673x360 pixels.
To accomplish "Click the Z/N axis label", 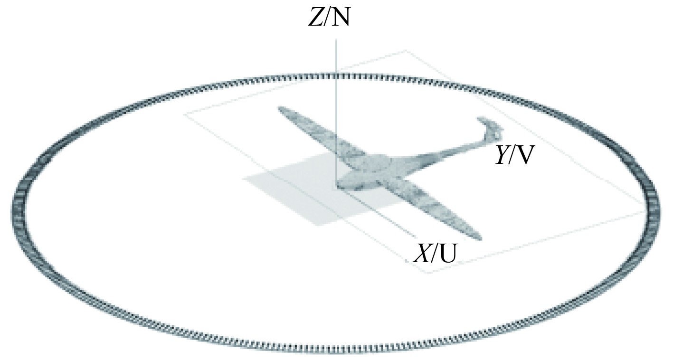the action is (329, 18).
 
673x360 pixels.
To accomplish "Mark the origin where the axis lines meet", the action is (337, 184).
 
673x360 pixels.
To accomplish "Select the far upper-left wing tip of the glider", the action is (283, 111).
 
